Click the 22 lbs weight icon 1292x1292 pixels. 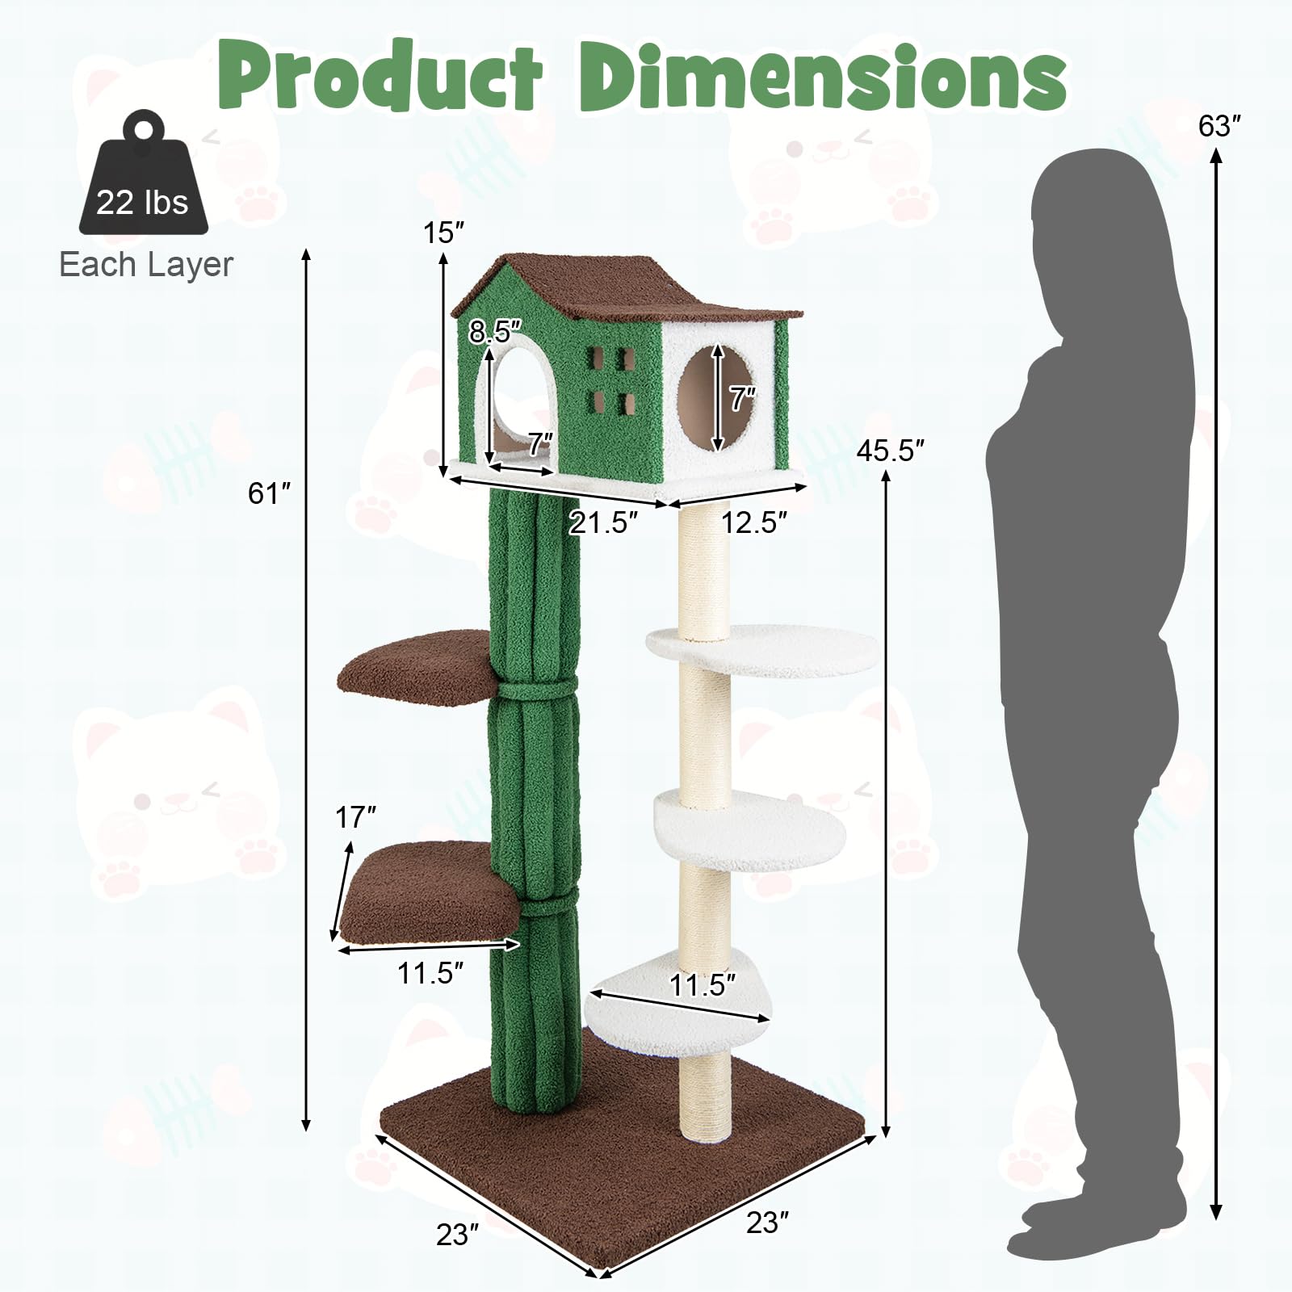[x=143, y=178]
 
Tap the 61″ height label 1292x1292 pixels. [x=269, y=493]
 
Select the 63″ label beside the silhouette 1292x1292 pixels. [x=1219, y=127]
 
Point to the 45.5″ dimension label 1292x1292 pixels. [x=890, y=451]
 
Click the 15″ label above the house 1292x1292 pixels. [x=444, y=233]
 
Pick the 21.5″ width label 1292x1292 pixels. [x=603, y=522]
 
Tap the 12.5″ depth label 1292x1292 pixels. [x=753, y=522]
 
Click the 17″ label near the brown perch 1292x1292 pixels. [x=356, y=818]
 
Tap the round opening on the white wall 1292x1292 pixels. [x=719, y=396]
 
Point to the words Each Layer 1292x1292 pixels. [x=146, y=265]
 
